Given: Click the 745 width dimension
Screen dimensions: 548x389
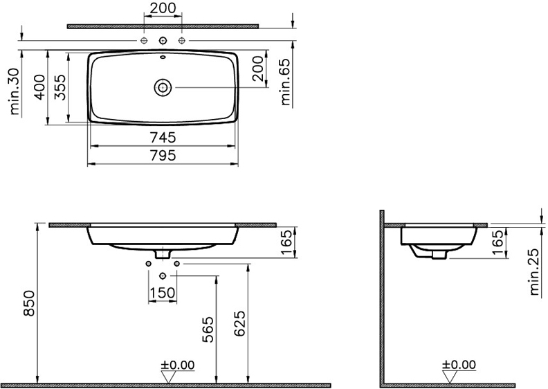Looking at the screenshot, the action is [163, 138].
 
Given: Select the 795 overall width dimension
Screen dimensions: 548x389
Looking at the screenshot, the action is [163, 155].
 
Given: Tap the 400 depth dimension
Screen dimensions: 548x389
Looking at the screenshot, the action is [41, 87].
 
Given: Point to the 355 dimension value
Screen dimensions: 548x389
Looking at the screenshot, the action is [60, 87].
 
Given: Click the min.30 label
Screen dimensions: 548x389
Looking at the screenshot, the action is [15, 91].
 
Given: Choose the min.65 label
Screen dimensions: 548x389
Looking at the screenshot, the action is [285, 82].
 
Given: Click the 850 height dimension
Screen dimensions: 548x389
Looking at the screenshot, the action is [30, 303].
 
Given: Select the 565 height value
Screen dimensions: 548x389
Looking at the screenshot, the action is [208, 329].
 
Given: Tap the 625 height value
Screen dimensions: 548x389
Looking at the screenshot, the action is [239, 324].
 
